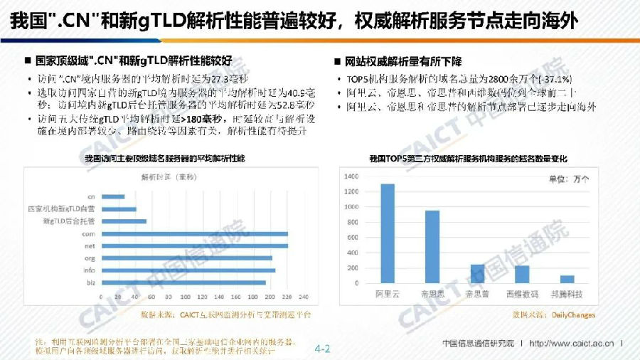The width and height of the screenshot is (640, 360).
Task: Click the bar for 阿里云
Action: (x=388, y=234)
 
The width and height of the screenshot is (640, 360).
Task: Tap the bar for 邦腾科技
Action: (x=567, y=280)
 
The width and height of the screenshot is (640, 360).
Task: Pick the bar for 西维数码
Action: (x=522, y=275)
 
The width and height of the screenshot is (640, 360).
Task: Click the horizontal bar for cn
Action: (x=114, y=196)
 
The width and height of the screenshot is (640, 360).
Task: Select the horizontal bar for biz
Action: (x=184, y=282)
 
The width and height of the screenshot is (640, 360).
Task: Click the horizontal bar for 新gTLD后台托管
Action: (x=124, y=221)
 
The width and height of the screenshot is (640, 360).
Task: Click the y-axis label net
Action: (x=90, y=245)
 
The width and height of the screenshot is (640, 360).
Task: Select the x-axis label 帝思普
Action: (x=477, y=292)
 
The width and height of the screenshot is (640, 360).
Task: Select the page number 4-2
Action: (x=323, y=349)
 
